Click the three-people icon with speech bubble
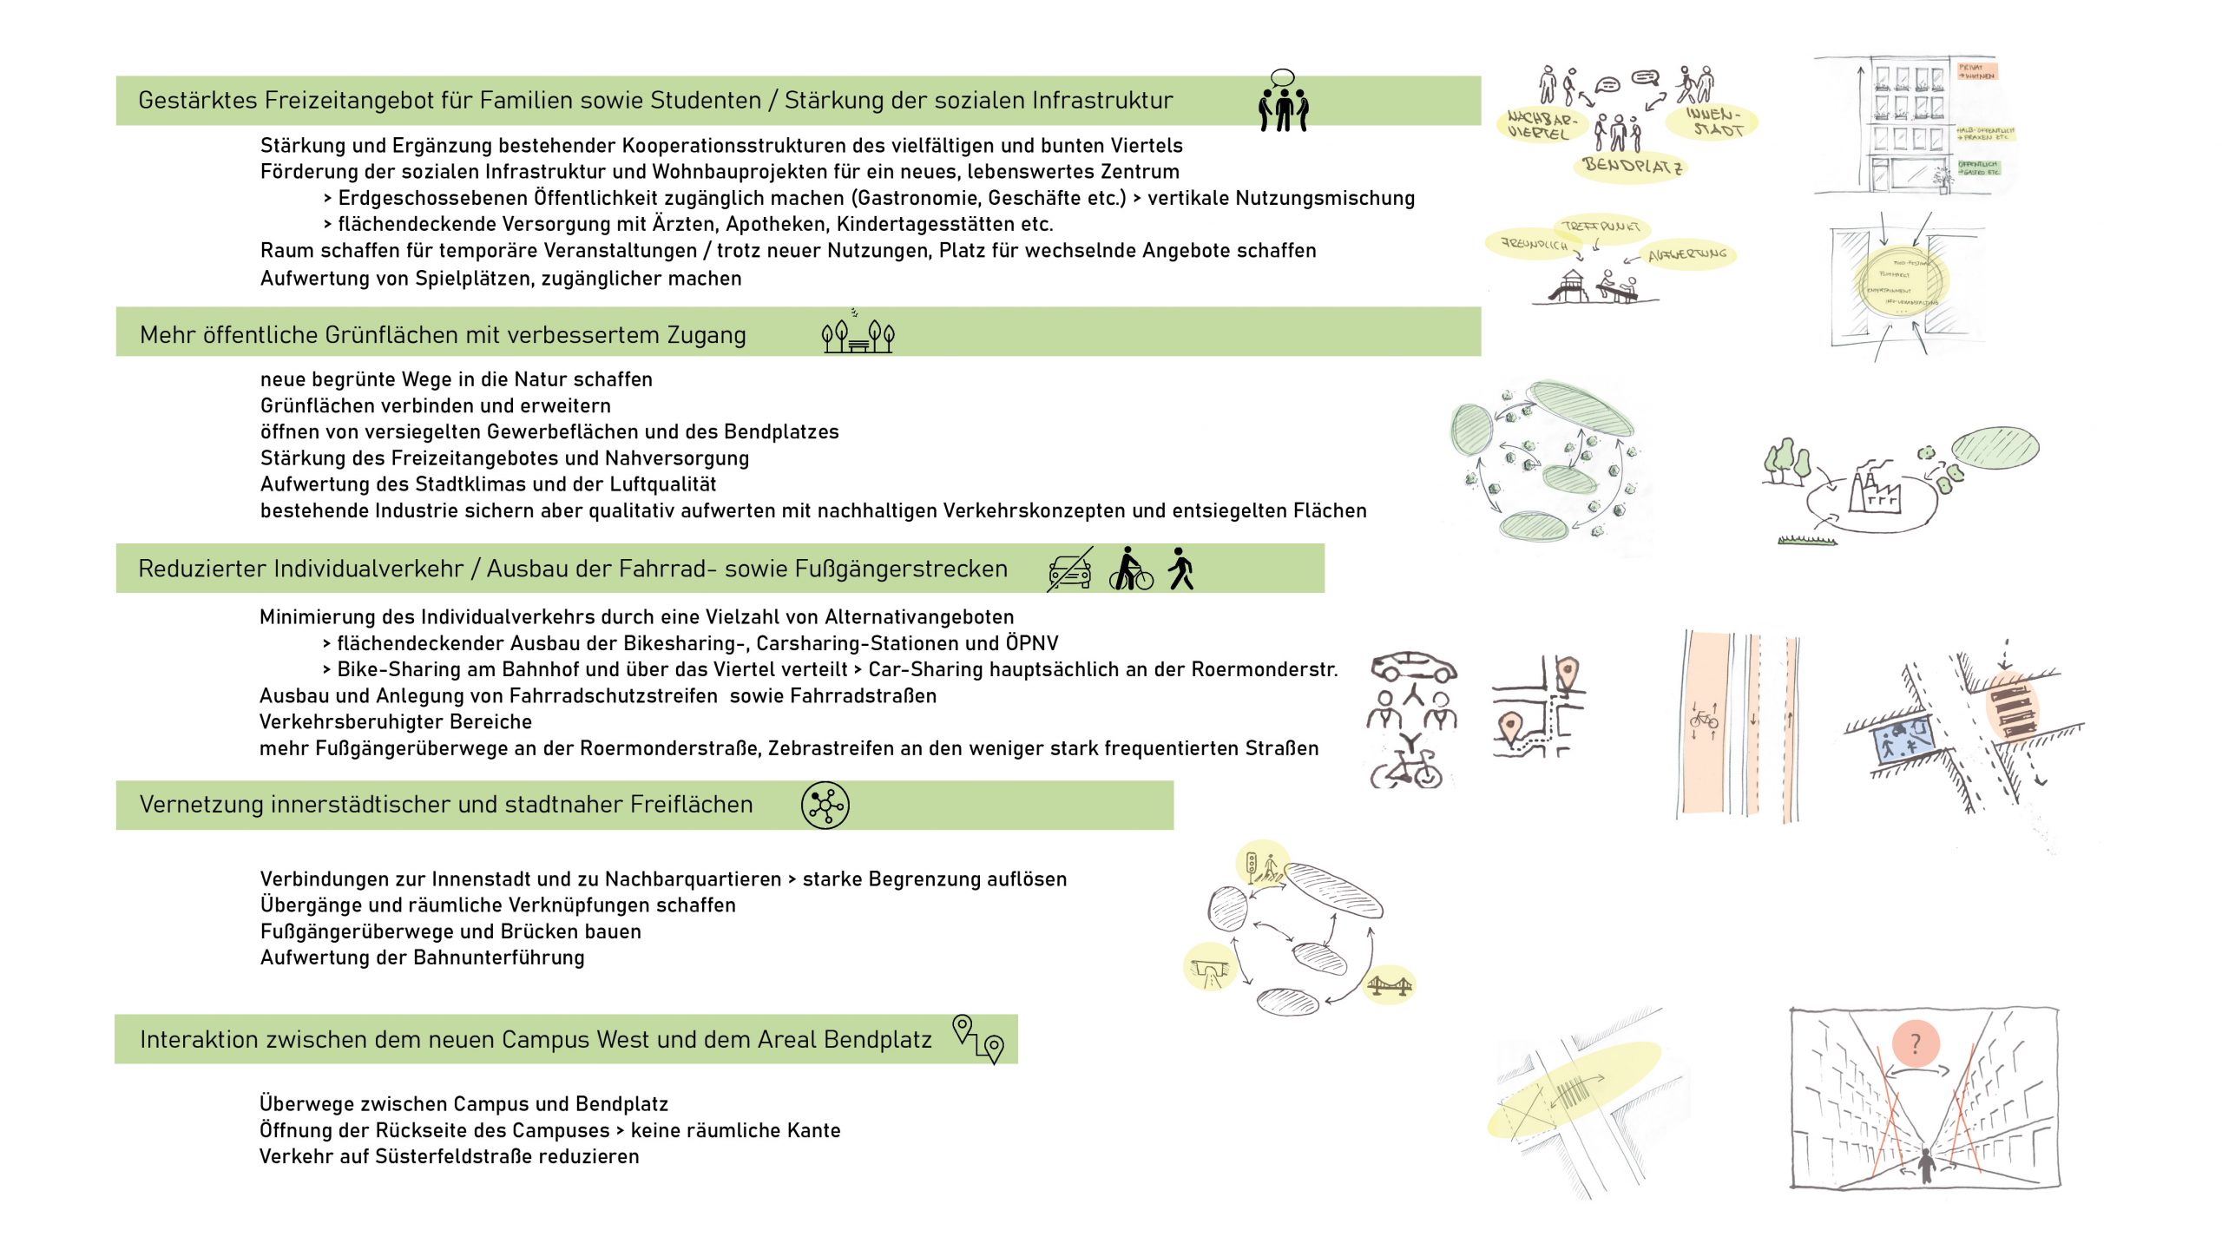(x=1283, y=102)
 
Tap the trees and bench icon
(x=858, y=334)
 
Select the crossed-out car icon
(x=1069, y=569)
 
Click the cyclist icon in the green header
(x=1130, y=569)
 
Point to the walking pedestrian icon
(x=1180, y=569)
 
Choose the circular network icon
(x=825, y=806)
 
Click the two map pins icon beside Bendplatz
(x=978, y=1038)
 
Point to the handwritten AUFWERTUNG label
(x=1687, y=255)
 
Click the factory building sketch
(x=1873, y=491)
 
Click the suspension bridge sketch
(x=1389, y=985)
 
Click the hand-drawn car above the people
(x=1413, y=667)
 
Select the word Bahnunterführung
(x=498, y=958)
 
